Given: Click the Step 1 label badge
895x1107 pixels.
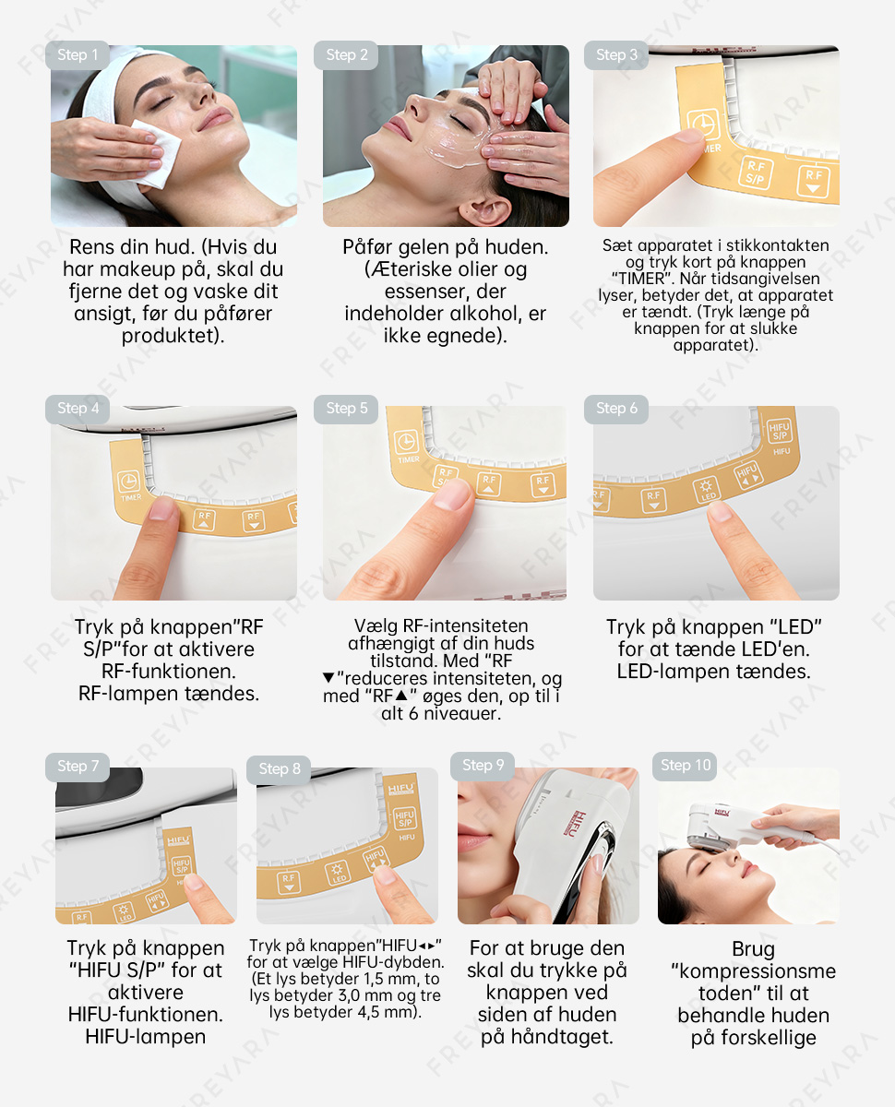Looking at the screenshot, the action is [78, 55].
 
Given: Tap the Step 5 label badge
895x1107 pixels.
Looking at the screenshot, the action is [346, 409].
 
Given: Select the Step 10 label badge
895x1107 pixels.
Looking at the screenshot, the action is [685, 766].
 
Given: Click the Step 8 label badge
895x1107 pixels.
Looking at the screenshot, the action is [279, 769].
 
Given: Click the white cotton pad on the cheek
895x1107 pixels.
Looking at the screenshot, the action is [156, 152].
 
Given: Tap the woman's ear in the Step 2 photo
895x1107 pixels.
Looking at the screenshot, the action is [484, 210].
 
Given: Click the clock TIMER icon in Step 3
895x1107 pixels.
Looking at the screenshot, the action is [703, 125].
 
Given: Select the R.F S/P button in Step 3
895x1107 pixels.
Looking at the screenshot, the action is [755, 173].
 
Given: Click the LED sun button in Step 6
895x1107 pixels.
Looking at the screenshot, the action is [706, 490].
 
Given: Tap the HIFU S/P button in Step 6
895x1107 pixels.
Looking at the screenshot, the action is [779, 431].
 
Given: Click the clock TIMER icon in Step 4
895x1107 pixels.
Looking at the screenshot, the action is [128, 481].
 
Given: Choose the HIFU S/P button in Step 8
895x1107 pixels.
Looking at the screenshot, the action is [404, 818].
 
